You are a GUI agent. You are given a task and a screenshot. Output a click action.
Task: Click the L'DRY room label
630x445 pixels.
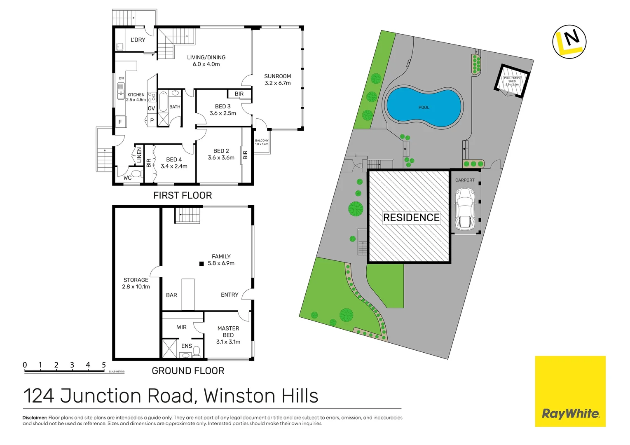coord(138,40)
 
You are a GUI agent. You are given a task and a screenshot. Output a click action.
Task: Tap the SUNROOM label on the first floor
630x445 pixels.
coord(277,77)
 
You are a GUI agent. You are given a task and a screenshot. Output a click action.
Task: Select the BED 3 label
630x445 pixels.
coord(222,106)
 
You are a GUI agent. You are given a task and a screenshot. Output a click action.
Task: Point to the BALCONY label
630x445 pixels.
coord(262,141)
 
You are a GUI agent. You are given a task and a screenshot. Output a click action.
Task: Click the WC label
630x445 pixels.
coord(128,178)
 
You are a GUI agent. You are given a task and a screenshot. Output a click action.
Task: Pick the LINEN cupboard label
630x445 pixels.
coord(139,155)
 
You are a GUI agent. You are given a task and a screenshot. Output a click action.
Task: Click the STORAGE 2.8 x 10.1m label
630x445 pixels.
coord(136,283)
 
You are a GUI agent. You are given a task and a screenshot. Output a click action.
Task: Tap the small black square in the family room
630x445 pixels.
coord(201,264)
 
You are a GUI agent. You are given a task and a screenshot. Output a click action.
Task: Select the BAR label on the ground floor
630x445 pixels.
coord(171,295)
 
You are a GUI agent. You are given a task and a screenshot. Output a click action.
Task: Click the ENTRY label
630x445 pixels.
coord(230,295)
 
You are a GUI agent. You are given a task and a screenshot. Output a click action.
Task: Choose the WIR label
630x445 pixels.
coord(182,327)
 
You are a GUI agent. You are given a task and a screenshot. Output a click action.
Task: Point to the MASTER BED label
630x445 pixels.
coord(228,332)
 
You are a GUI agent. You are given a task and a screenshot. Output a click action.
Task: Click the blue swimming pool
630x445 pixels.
coord(424,107)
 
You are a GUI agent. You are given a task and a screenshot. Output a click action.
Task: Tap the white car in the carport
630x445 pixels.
coord(465,209)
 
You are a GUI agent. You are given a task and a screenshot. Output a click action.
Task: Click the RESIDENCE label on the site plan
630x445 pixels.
coord(411,218)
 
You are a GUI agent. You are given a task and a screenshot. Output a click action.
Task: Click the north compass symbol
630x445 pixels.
coord(569,42)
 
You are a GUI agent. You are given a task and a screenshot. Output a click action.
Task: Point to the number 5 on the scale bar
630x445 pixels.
coord(104,365)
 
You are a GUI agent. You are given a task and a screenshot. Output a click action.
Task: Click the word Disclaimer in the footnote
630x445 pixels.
coord(35,418)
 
